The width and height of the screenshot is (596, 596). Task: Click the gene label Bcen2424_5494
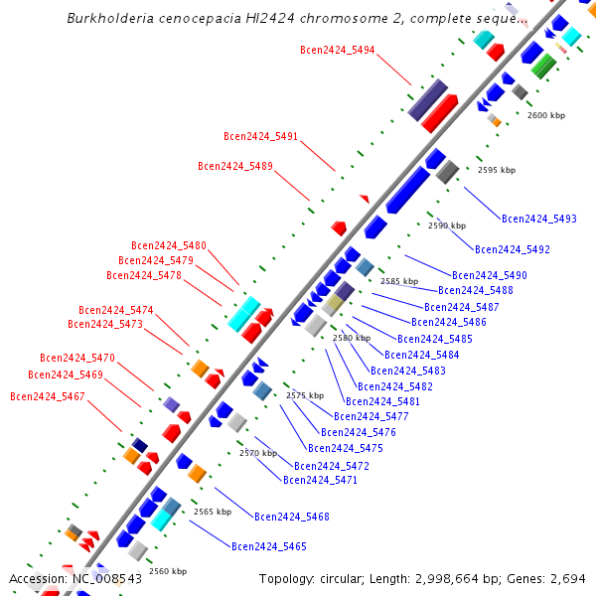[x=337, y=49]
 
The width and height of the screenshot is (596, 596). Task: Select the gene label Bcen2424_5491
[x=260, y=136]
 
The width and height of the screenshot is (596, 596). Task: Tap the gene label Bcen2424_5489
[x=234, y=166]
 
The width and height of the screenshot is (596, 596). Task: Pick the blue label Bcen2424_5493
[x=539, y=219]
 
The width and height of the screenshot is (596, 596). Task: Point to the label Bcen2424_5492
[x=513, y=249]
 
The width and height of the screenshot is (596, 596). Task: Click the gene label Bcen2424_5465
[x=269, y=546]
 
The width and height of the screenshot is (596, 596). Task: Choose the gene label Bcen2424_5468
[x=292, y=517]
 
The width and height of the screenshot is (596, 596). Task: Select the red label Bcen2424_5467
[x=48, y=396]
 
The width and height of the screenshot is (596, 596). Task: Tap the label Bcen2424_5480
[x=169, y=245]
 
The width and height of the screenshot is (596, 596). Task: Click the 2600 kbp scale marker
[x=545, y=116]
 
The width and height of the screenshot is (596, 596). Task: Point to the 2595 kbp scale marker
[x=497, y=170]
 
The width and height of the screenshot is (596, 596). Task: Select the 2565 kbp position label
[x=212, y=512]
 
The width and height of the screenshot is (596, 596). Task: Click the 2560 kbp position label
[x=167, y=571]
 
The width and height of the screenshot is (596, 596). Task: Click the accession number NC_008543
[x=106, y=578]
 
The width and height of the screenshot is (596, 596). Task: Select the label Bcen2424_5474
[x=116, y=310]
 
